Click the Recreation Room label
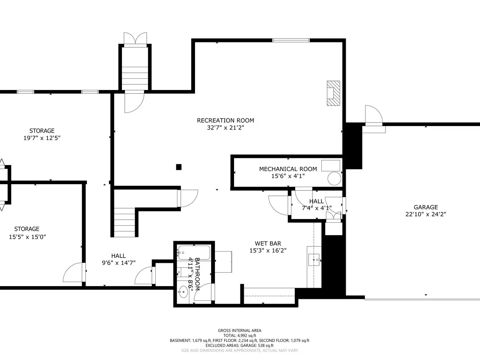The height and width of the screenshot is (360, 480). (225, 120)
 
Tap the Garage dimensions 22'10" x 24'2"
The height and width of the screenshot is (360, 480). (426, 214)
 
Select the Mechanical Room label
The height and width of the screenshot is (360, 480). (288, 169)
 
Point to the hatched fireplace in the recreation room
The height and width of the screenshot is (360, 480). (333, 93)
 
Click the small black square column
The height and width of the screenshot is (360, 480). (178, 167)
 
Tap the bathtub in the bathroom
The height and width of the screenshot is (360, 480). (194, 253)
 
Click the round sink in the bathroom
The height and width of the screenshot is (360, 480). (183, 292)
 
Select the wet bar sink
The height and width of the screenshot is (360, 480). (314, 260)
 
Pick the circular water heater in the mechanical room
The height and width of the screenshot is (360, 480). (334, 178)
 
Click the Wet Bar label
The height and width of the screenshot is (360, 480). (268, 243)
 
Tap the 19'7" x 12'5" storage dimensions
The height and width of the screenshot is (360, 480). (42, 138)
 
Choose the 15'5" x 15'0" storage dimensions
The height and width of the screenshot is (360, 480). (27, 237)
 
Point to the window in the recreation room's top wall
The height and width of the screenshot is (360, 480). (291, 40)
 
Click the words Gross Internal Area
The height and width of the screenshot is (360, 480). (240, 330)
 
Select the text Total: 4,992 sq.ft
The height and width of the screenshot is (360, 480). (240, 336)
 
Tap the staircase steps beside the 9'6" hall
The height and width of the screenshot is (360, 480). (124, 222)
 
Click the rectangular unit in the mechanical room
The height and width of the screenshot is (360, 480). (331, 165)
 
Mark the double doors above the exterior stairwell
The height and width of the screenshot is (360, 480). (135, 39)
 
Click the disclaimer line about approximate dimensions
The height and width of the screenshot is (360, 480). (240, 350)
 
